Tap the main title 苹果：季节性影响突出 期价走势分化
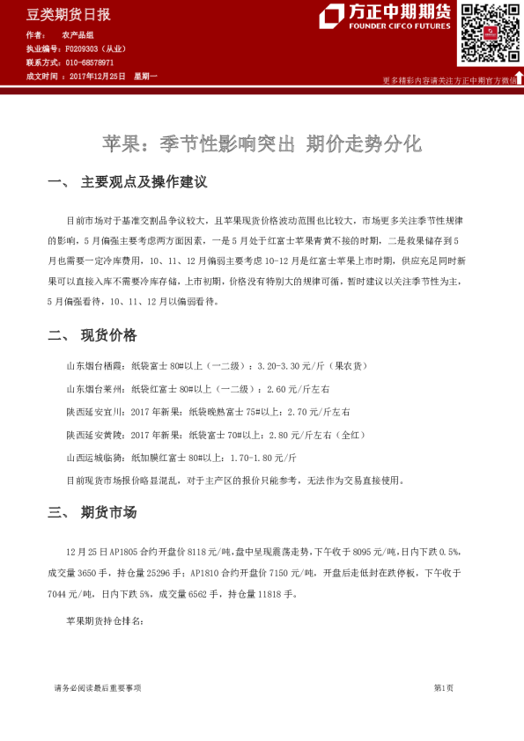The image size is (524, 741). (262, 143)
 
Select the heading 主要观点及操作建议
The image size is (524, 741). (144, 182)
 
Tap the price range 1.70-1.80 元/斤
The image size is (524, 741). (262, 459)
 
